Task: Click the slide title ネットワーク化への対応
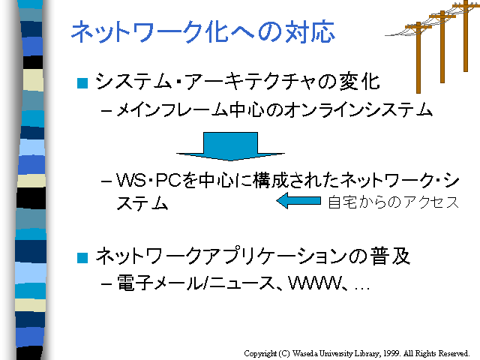point(203,31)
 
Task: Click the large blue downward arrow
point(230,146)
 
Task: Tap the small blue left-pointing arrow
point(298,201)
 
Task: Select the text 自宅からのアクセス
point(394,202)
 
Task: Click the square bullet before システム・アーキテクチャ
point(82,83)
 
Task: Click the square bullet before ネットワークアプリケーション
point(82,258)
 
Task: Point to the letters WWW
point(314,283)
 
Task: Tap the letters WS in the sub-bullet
point(131,180)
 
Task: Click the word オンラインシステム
point(358,109)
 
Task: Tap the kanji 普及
point(390,256)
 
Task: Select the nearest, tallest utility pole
point(418,58)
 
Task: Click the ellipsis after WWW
point(362,289)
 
